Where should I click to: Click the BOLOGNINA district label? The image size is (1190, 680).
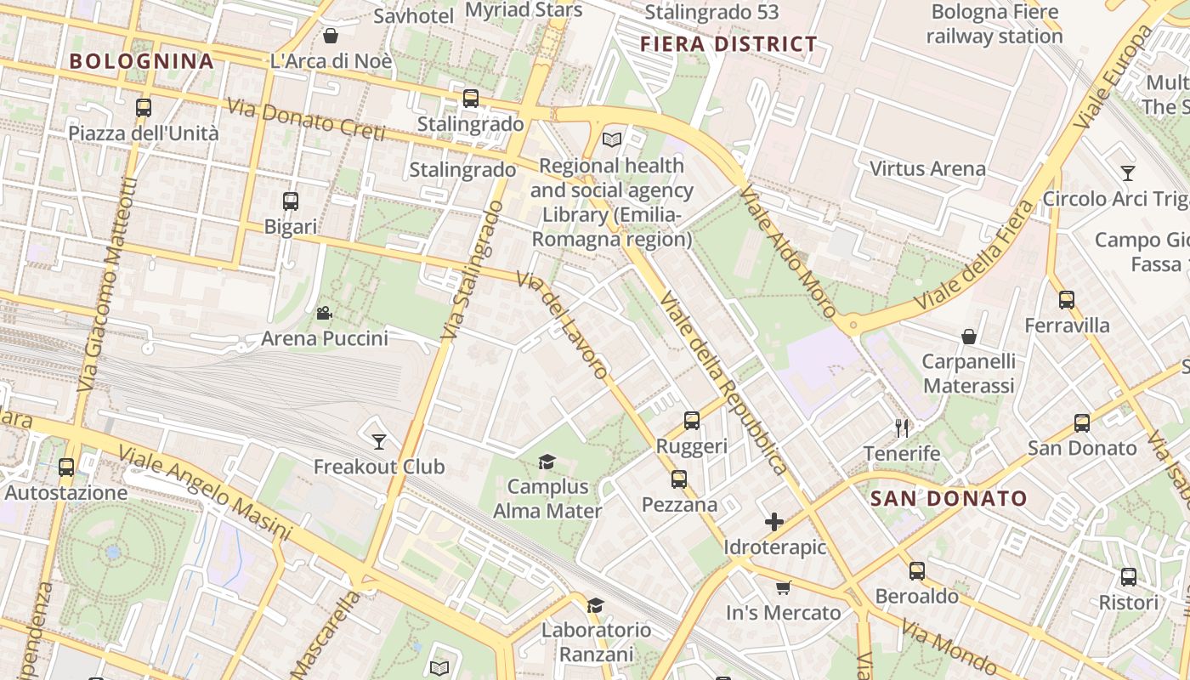[x=141, y=61]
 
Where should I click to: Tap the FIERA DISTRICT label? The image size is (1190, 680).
[x=728, y=44]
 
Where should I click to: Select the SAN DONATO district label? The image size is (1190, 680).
[x=949, y=499]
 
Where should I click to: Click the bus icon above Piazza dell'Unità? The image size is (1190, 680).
[x=144, y=108]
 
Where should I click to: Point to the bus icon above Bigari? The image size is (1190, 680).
[x=291, y=201]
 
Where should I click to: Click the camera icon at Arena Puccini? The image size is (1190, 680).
[x=324, y=313]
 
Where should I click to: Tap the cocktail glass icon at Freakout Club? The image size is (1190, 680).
[x=379, y=441]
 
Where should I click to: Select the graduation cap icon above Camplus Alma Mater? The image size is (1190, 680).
[x=547, y=462]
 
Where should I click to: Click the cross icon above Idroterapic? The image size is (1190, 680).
[x=774, y=521]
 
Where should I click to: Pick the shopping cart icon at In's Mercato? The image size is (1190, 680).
[x=783, y=587]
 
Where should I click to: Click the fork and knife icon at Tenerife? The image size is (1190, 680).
[x=902, y=428]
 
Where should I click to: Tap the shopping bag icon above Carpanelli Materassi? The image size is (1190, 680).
[x=968, y=337]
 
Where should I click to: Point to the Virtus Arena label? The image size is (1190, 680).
[x=927, y=168]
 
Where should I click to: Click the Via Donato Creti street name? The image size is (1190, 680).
[x=306, y=120]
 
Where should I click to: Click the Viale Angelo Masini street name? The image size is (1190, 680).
[x=204, y=493]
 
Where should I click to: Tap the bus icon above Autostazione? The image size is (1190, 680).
[x=66, y=467]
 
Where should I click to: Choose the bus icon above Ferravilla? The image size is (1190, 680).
[x=1067, y=299]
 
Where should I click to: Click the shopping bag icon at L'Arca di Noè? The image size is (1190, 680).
[x=331, y=36]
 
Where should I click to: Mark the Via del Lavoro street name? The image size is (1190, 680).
[x=563, y=325]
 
